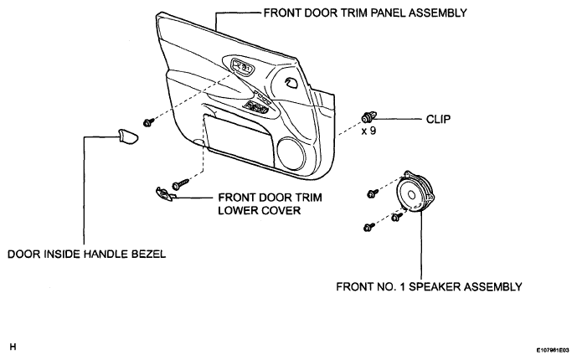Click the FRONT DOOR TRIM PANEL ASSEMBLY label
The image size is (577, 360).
coord(365,13)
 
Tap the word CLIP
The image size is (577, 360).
coord(438,119)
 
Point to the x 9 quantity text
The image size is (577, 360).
coord(368,131)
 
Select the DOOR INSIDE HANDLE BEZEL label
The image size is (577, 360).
coord(86,255)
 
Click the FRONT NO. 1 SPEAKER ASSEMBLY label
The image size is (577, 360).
coord(429,286)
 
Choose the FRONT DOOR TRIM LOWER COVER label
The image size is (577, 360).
coord(270,204)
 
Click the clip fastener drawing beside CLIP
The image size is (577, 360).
coord(368,117)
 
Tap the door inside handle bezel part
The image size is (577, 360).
coord(127,136)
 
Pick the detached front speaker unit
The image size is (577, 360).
coord(415,192)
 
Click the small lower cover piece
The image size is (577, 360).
coord(164,194)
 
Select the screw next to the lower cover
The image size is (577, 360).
coord(180,183)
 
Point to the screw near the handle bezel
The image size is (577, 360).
coord(148,121)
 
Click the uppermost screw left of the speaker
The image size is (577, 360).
coord(373,193)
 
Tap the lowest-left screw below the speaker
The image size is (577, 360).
coord(368,227)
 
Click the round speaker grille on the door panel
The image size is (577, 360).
coord(291,152)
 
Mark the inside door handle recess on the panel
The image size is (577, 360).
coord(242,68)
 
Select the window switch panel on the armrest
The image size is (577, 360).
coord(256,107)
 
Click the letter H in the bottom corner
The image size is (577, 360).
coord(13,347)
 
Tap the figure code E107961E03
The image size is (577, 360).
coord(555,350)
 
